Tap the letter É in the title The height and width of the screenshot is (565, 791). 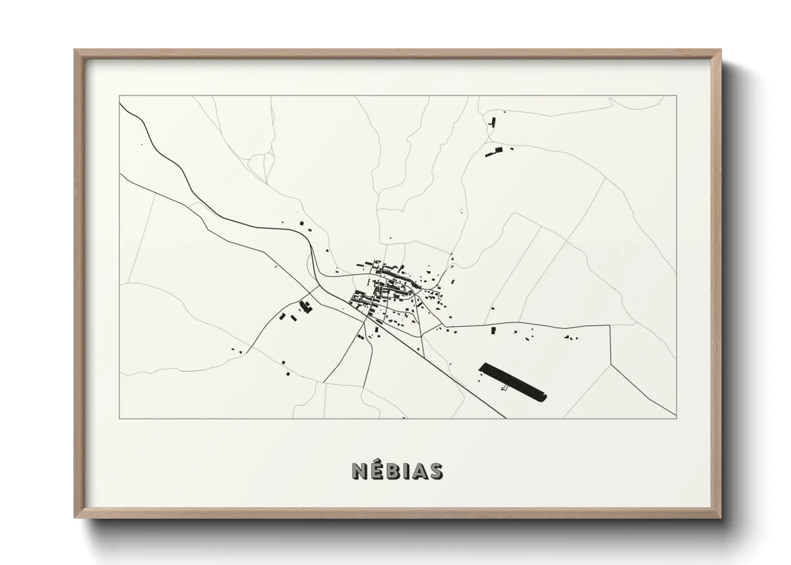pyautogui.click(x=376, y=472)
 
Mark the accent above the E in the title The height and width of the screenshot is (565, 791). pyautogui.click(x=377, y=463)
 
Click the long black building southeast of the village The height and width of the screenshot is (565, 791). pyautogui.click(x=513, y=381)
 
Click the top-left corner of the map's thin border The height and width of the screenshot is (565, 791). pyautogui.click(x=119, y=96)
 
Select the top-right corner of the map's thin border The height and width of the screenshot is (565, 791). pyautogui.click(x=677, y=96)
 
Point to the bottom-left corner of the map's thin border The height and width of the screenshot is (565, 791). pyautogui.click(x=119, y=418)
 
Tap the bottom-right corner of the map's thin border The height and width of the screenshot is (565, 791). pyautogui.click(x=677, y=418)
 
